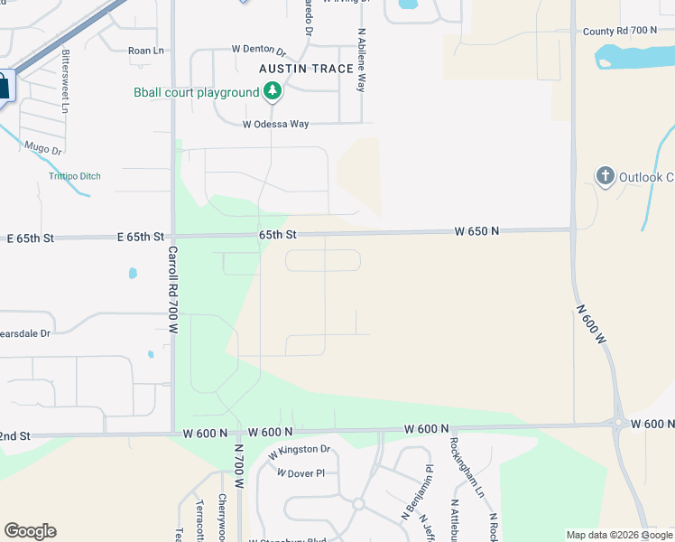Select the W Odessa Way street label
click(276, 125)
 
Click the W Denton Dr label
click(258, 50)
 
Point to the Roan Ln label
click(145, 51)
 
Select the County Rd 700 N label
click(620, 31)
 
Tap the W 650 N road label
click(476, 232)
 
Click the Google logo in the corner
click(30, 531)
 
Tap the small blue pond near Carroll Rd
click(134, 272)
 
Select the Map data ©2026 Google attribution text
click(619, 535)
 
